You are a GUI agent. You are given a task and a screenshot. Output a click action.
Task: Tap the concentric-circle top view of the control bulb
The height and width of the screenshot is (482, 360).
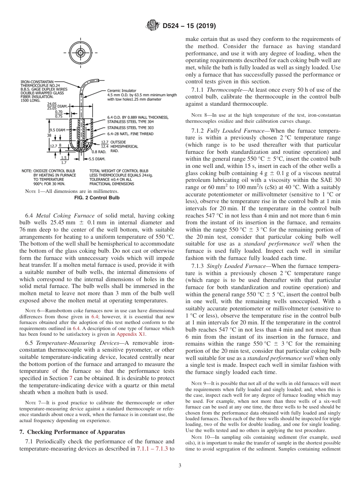80,53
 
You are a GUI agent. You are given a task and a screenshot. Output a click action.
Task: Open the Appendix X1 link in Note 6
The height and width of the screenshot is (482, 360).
131,334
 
